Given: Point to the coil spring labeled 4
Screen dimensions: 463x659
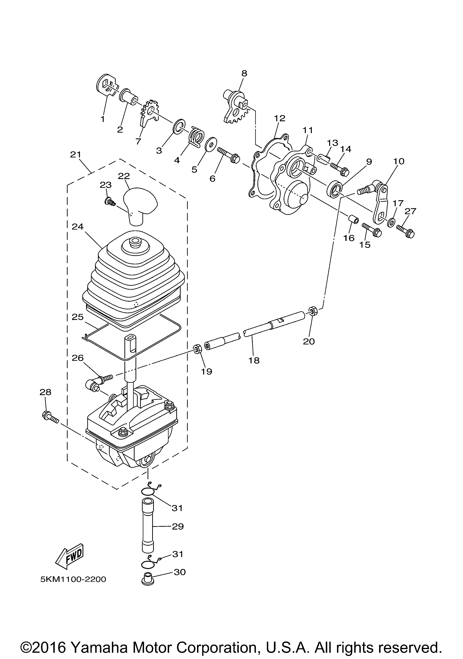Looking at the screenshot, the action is pos(197,137).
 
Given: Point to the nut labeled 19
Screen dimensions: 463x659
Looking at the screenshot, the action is pos(197,350).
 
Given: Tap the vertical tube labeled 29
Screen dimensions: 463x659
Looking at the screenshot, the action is pos(147,525).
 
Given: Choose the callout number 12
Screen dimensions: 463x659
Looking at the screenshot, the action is pos(280,118).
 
